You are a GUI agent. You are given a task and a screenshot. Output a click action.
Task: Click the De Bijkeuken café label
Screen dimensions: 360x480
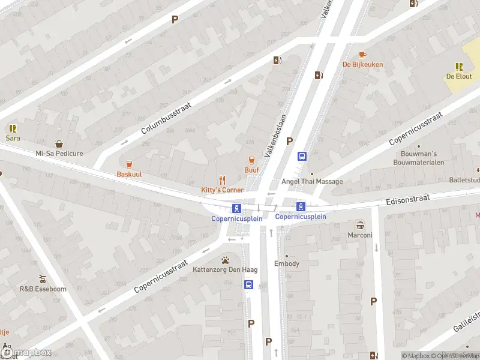pos(362,64)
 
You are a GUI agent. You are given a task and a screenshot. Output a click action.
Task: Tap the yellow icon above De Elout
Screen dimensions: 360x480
pos(459,67)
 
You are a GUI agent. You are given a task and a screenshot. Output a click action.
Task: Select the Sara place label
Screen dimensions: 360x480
pos(13,138)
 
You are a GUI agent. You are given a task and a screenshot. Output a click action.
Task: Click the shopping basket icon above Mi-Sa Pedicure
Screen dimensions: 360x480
pos(59,144)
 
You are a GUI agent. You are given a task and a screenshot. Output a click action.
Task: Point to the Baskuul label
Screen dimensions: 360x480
pos(128,174)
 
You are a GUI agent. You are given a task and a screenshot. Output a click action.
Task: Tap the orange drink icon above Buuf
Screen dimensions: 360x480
pos(251,160)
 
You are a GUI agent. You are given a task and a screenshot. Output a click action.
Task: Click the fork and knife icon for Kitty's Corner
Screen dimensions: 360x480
pos(222,179)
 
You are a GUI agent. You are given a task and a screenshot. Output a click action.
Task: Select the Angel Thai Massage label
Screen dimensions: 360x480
pos(313,182)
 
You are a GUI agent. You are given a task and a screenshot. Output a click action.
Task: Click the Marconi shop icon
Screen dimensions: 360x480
pos(360,226)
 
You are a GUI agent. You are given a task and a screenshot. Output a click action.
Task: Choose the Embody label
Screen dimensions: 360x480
pos(286,264)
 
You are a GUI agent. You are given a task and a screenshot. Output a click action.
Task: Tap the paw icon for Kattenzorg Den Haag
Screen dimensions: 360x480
pos(225,260)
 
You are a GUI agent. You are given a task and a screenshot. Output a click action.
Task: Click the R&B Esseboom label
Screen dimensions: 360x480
pos(43,289)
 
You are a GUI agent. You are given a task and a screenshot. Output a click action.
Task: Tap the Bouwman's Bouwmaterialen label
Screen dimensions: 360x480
pos(418,158)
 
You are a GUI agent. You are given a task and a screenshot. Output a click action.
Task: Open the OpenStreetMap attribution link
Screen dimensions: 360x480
pos(454,356)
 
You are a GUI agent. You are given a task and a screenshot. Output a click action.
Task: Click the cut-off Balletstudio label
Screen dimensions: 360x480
pos(464,180)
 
